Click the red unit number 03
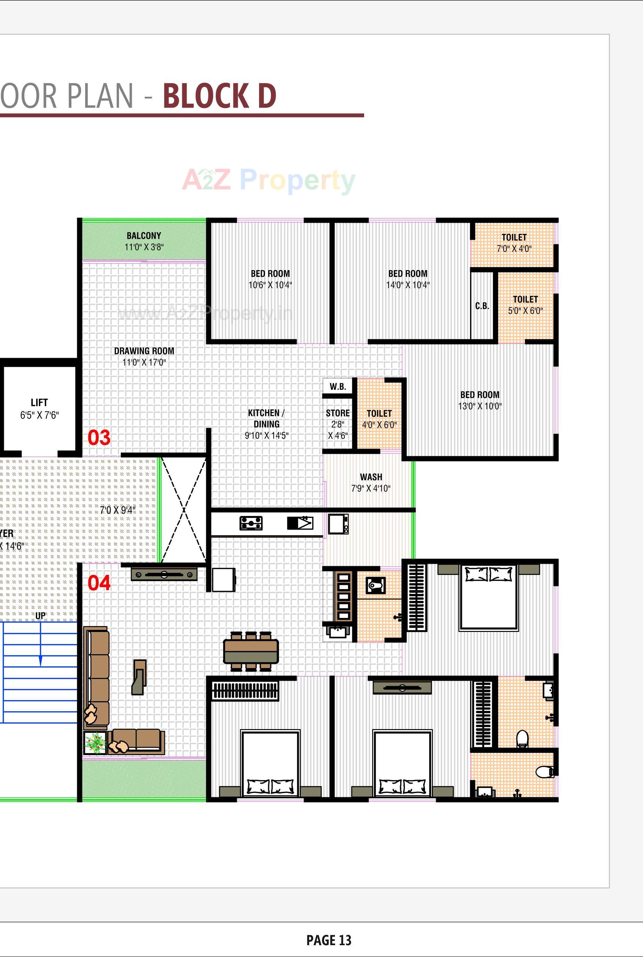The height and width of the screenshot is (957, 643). tap(99, 438)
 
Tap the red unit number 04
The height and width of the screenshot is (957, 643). tap(99, 583)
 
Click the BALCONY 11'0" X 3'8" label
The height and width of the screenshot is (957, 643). tap(144, 241)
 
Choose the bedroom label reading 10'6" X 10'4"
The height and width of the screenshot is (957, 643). tap(270, 279)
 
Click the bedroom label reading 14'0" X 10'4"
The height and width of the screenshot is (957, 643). tap(408, 279)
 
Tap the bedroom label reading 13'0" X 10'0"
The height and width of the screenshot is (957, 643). tap(480, 400)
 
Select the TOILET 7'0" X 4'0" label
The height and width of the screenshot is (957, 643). tap(514, 243)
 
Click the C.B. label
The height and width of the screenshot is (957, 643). tap(482, 306)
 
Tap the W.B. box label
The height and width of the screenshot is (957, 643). tap(338, 387)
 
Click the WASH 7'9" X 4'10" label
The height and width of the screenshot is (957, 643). tap(371, 483)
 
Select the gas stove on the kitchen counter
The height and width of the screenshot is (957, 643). tap(251, 523)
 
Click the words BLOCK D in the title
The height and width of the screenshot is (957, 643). tap(219, 96)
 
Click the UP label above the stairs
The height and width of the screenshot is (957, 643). tap(40, 616)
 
